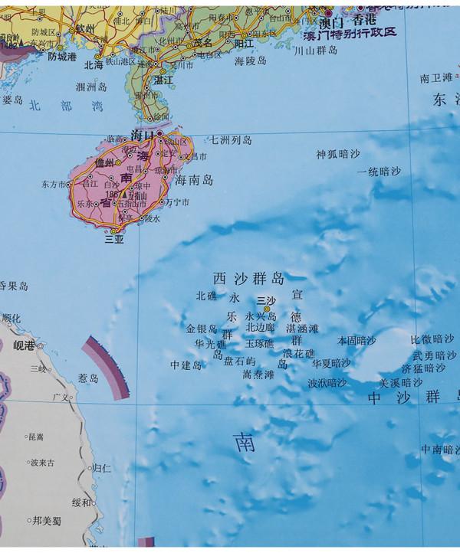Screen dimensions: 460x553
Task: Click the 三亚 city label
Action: pyautogui.click(x=115, y=239)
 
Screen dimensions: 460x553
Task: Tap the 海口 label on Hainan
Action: pyautogui.click(x=143, y=134)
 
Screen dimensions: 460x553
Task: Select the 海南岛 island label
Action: pyautogui.click(x=193, y=182)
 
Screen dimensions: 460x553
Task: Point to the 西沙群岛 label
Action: pyautogui.click(x=248, y=278)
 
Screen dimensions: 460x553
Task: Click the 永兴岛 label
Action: pyautogui.click(x=261, y=316)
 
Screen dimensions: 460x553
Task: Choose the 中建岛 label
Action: pyautogui.click(x=186, y=365)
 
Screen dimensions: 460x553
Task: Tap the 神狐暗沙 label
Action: pyautogui.click(x=337, y=154)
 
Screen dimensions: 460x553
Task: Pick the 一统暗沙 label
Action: pyautogui.click(x=379, y=172)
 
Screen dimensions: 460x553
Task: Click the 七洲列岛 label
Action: pyautogui.click(x=232, y=140)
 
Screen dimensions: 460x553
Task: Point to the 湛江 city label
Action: pyautogui.click(x=162, y=79)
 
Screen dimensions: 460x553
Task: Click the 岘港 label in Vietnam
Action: pyautogui.click(x=25, y=346)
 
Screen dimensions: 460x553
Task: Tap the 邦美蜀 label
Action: pyautogui.click(x=48, y=519)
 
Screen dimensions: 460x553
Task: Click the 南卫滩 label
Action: pyautogui.click(x=436, y=78)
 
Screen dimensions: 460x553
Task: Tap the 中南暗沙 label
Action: pyautogui.click(x=441, y=450)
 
